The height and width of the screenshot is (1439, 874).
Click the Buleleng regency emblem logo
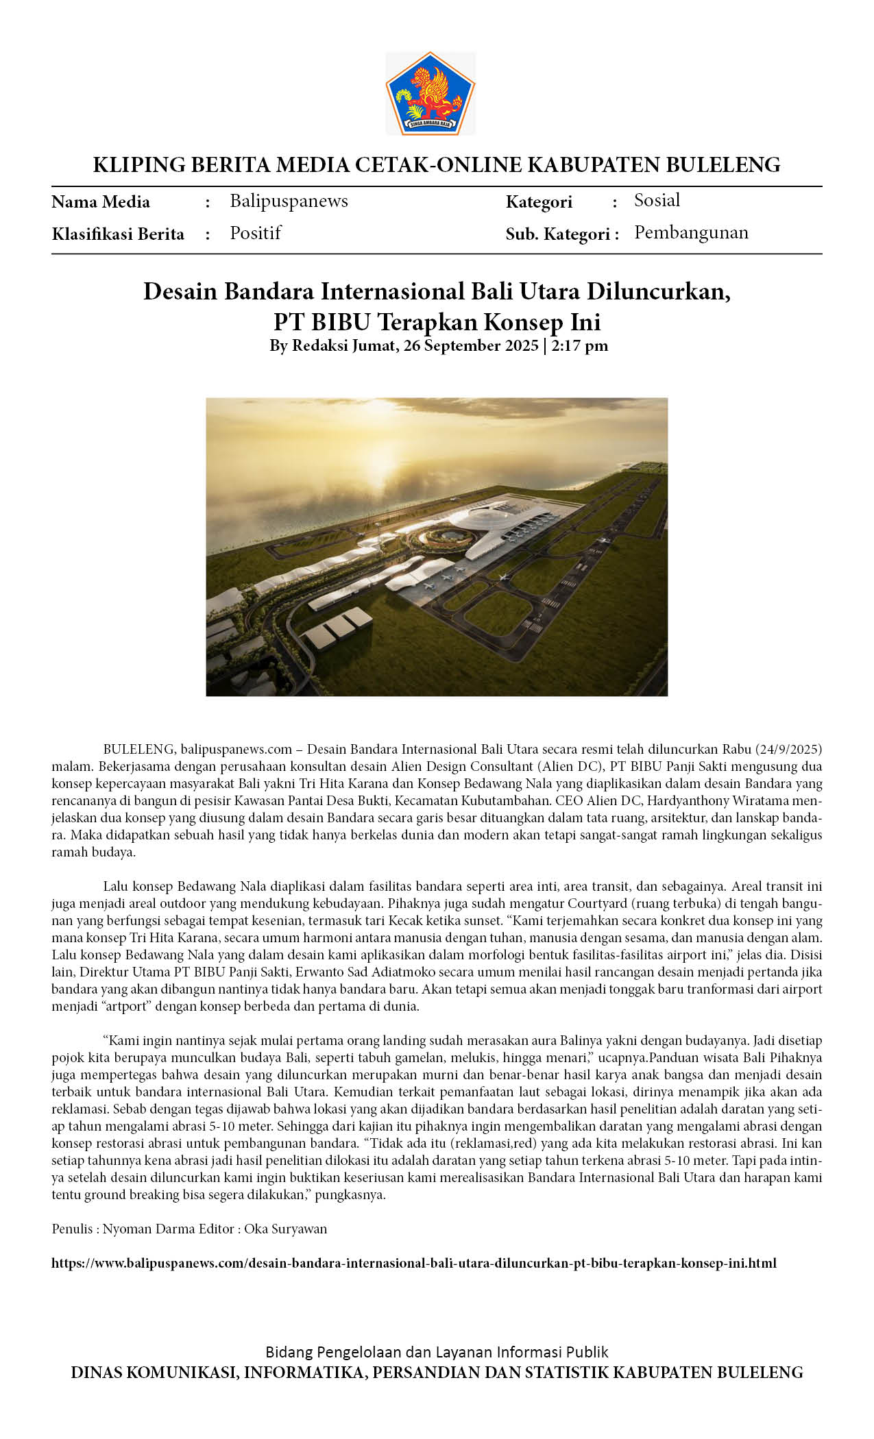coord(430,93)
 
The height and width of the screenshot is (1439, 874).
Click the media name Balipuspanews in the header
coord(289,201)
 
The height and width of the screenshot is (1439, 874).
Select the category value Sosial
coord(657,200)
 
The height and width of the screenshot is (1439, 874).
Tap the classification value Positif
coord(255,233)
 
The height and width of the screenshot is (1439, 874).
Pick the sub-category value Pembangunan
coord(690,232)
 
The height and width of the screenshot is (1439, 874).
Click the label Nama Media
coord(101,201)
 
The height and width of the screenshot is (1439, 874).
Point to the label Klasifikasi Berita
coord(118,234)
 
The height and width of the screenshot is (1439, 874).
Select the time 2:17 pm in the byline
coord(579,345)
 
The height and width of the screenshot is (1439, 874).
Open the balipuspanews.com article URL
coord(413,1263)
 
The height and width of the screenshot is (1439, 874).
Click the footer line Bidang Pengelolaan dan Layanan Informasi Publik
coord(437,1352)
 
